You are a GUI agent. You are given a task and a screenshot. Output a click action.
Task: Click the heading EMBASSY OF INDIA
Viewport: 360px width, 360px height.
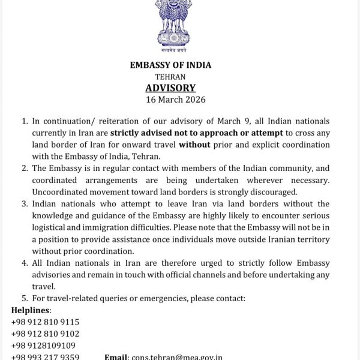point(170,65)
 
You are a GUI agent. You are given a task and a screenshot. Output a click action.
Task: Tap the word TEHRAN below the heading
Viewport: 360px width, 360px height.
point(170,77)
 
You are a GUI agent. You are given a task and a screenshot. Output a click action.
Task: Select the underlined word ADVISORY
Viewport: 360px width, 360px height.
point(170,88)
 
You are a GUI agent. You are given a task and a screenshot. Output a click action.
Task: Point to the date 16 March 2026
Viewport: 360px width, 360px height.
point(175,100)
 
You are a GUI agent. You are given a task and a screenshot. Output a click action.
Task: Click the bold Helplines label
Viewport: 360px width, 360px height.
point(31,310)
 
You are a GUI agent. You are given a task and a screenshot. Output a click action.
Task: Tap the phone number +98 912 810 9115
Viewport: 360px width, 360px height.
point(45,322)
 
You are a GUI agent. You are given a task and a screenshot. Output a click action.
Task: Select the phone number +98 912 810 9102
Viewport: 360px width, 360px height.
point(45,334)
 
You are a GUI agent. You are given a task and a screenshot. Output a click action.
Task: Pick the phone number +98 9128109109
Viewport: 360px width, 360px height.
point(43,346)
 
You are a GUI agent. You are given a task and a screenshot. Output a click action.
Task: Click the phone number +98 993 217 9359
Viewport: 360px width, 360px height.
point(45,356)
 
